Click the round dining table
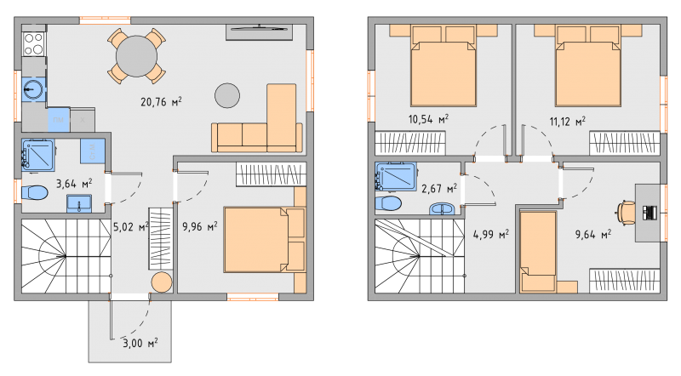click(136, 56)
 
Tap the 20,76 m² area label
click(161, 102)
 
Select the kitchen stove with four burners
click(33, 44)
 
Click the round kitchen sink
click(33, 89)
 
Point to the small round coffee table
click(227, 95)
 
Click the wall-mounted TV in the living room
click(259, 29)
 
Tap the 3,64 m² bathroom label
click(74, 184)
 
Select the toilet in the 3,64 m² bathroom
click(34, 193)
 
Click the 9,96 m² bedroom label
click(200, 226)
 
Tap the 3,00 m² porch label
click(140, 343)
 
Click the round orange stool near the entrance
click(162, 282)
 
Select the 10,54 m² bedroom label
click(428, 119)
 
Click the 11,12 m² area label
click(567, 121)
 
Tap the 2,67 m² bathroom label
click(439, 189)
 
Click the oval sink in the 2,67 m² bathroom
click(443, 208)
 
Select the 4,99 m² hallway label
click(491, 235)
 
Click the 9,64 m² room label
click(593, 235)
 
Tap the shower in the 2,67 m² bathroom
click(396, 177)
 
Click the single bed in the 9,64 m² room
click(538, 252)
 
